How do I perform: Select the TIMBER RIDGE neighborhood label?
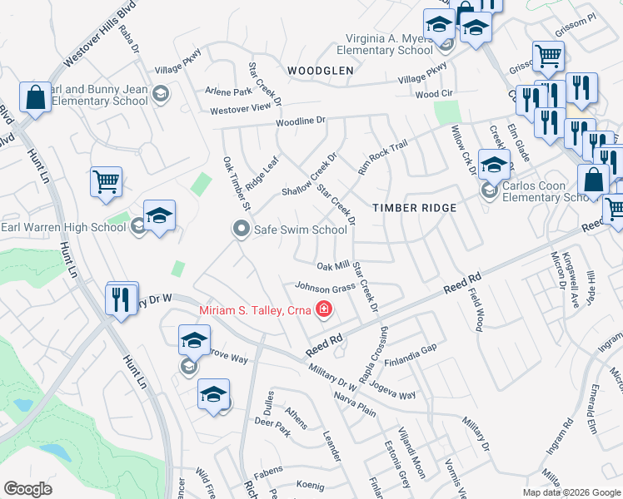(414, 208)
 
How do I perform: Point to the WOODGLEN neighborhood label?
(321, 72)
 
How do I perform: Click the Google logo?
(27, 489)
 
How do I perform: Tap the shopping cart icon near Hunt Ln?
(107, 181)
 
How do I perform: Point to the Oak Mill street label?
(333, 266)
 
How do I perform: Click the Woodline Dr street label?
(302, 121)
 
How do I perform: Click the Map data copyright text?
(572, 492)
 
